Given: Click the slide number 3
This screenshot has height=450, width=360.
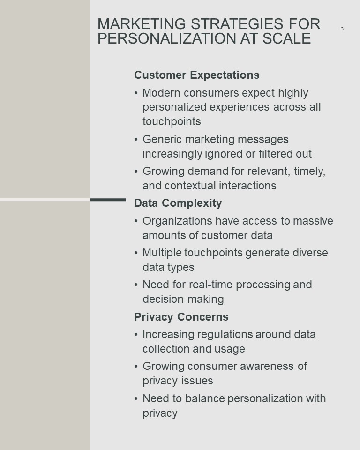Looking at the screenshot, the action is [342, 29].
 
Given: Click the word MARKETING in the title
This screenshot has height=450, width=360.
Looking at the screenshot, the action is [142, 24].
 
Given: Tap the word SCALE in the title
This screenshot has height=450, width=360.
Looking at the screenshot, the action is [286, 38].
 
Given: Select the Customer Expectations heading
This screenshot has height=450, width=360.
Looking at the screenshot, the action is [197, 75].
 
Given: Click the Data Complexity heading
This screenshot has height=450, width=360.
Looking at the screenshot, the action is [178, 203].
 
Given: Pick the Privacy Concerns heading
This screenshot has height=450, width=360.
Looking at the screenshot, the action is [181, 317].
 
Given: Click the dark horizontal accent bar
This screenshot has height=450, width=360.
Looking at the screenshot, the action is [108, 200].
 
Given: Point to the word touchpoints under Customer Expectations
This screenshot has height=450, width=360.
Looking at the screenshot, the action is [172, 121].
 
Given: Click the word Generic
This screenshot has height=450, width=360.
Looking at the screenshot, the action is [162, 139].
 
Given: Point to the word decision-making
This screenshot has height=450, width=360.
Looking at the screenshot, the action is [183, 300].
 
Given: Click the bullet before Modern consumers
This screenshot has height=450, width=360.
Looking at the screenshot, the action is [136, 93].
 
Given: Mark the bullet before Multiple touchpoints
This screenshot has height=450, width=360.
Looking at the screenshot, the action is [136, 253].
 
